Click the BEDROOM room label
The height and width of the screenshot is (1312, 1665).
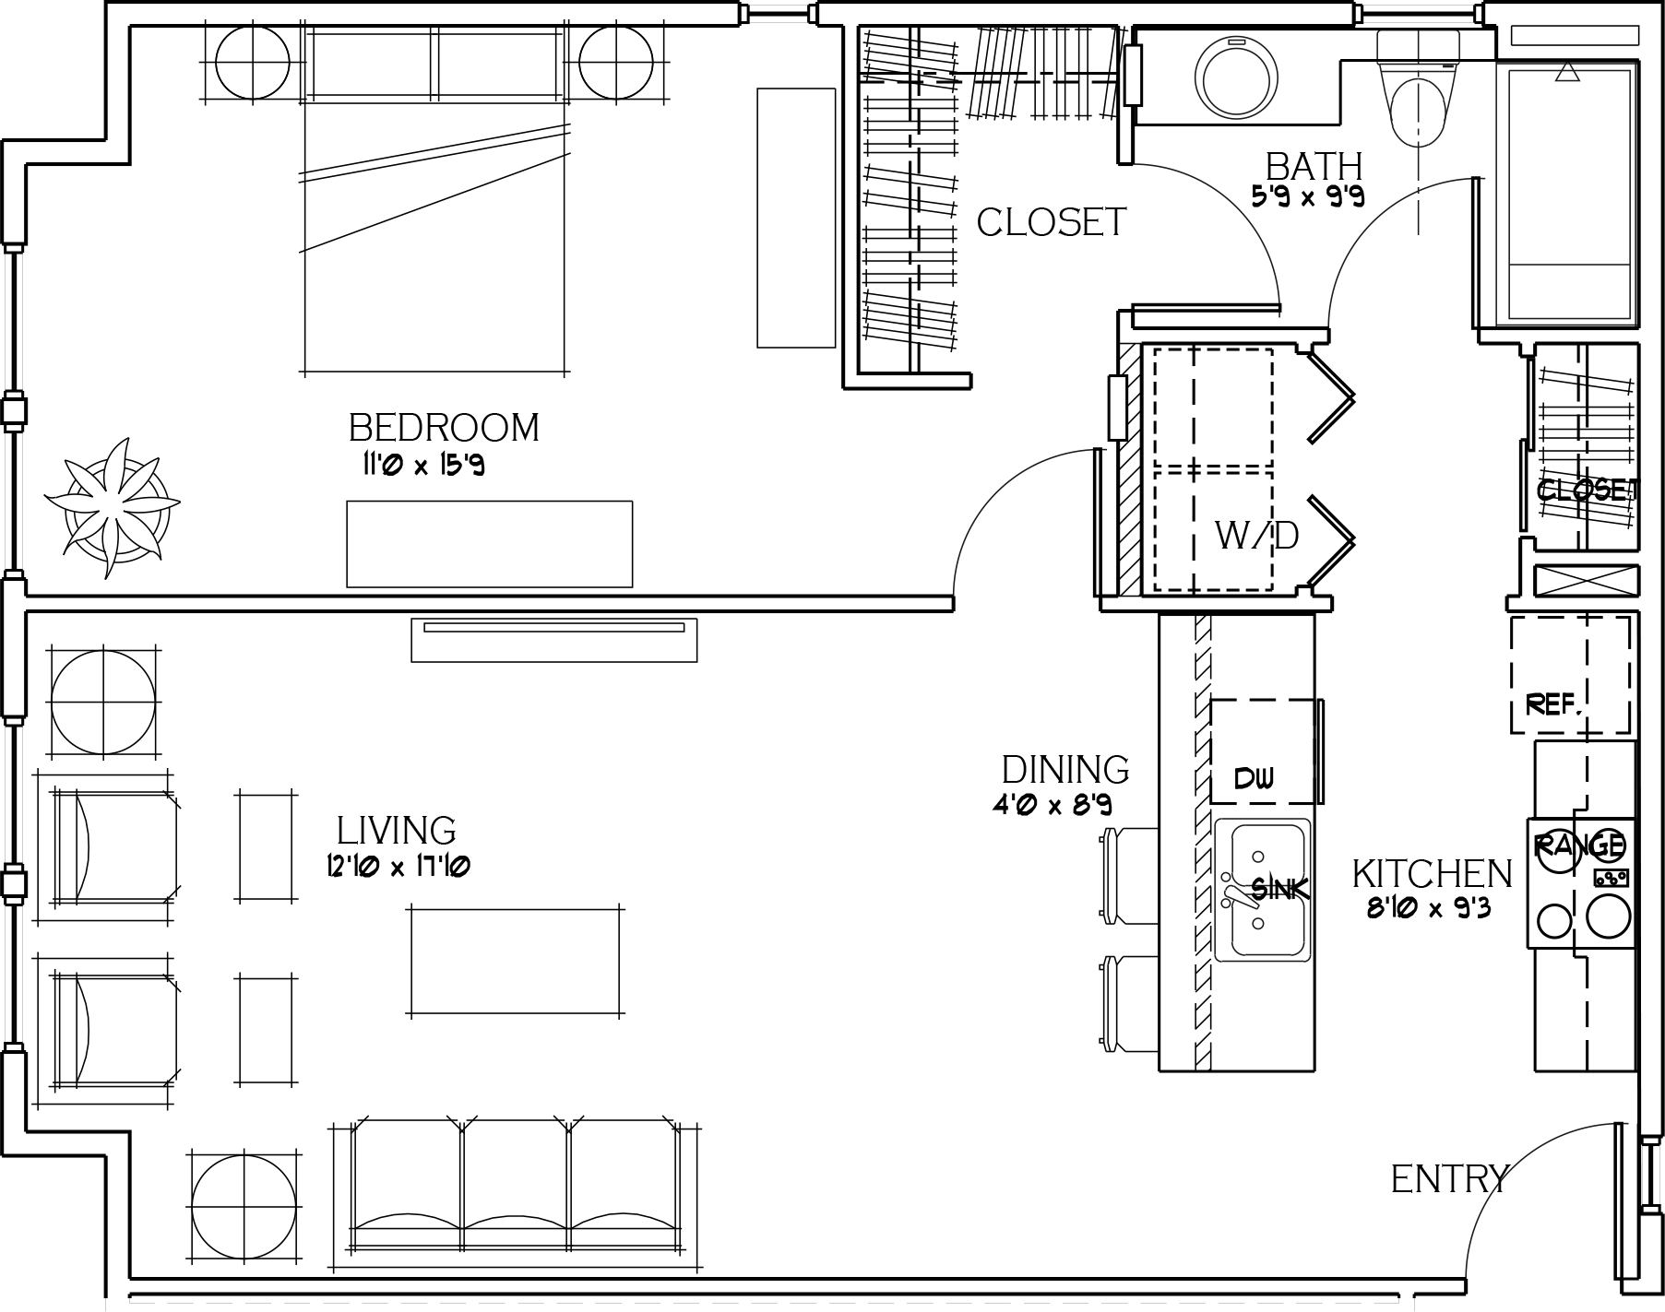[x=444, y=428]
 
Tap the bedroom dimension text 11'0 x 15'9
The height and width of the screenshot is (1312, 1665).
[x=422, y=465]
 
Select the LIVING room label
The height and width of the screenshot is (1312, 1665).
[x=397, y=831]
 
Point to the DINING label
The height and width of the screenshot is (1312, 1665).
[x=1065, y=769]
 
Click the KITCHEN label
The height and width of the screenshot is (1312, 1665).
[x=1433, y=874]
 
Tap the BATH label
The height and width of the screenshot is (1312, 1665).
[x=1314, y=167]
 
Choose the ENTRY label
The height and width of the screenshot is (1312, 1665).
[x=1449, y=1179]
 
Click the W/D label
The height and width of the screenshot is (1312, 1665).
[x=1257, y=535]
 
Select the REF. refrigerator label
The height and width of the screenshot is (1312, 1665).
[x=1555, y=705]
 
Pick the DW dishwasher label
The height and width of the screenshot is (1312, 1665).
[x=1255, y=778]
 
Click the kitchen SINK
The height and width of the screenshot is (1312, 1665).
[x=1262, y=889]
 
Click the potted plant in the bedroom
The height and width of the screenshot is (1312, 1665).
[x=113, y=506]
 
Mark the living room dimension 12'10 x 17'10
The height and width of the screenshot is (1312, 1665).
[x=398, y=867]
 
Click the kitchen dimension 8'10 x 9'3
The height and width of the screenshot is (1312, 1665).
[x=1429, y=910]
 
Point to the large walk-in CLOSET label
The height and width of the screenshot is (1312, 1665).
[x=1052, y=222]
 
